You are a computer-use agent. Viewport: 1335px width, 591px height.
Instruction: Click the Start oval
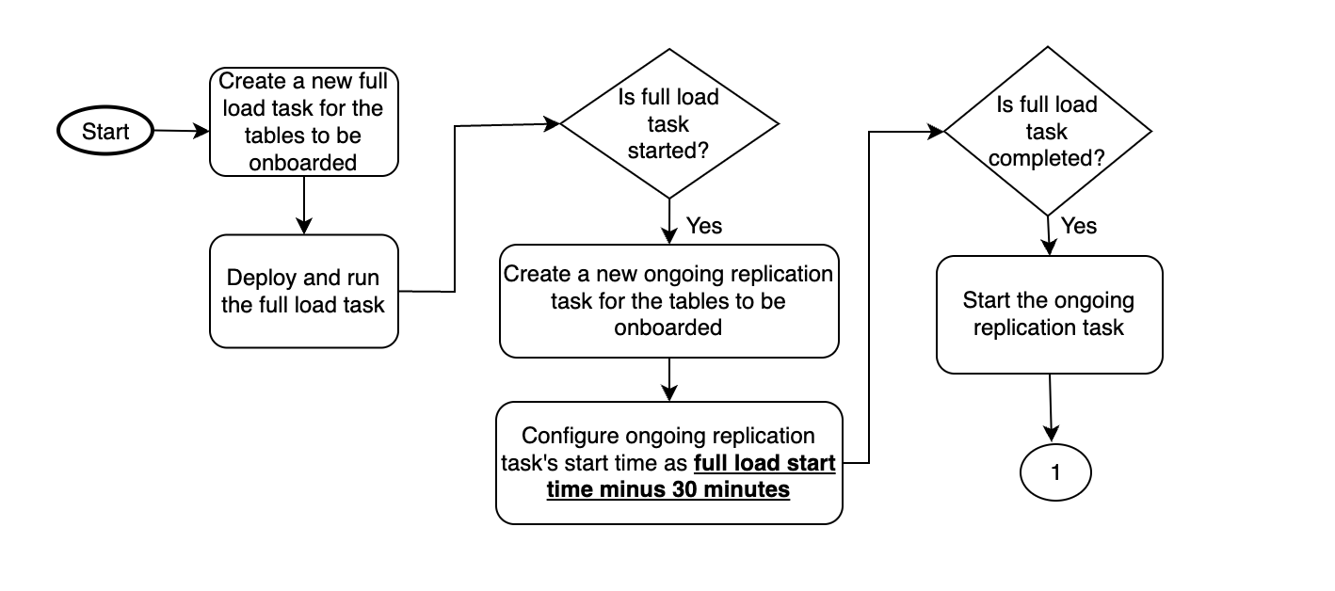[105, 132]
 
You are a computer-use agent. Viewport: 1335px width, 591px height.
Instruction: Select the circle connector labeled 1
[1054, 473]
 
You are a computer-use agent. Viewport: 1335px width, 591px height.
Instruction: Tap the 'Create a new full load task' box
[302, 121]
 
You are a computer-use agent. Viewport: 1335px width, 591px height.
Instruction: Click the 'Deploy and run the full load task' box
[303, 292]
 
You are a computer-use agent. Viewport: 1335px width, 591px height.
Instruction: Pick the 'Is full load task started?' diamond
[669, 124]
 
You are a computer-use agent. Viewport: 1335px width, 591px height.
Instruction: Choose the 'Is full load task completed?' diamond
[1047, 132]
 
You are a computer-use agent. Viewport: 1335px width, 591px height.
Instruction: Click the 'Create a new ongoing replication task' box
[668, 301]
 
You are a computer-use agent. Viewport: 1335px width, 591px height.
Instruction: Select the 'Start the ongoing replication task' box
[1049, 314]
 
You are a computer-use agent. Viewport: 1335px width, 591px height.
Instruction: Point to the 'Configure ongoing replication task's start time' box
[668, 462]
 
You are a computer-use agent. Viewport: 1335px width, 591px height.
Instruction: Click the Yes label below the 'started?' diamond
[704, 226]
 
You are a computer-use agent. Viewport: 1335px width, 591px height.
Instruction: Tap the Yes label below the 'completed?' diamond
[1079, 226]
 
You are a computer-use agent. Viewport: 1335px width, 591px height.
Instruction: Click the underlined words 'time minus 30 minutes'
[667, 489]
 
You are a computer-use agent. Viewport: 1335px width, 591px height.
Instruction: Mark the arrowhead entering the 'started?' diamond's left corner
[554, 123]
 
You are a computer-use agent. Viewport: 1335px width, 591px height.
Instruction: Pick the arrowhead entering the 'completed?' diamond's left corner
[937, 133]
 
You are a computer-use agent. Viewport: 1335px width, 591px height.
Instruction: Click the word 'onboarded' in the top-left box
[302, 162]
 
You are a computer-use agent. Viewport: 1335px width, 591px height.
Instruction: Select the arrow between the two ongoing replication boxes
[668, 379]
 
